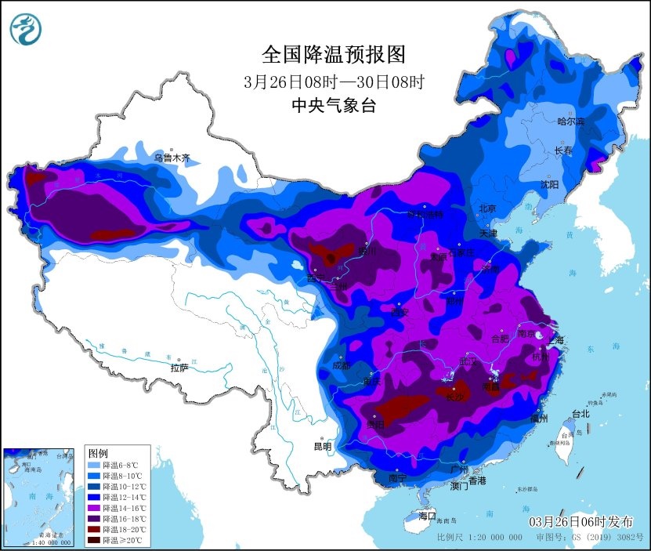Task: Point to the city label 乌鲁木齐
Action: (172, 158)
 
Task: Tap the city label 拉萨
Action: (179, 368)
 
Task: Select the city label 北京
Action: (488, 208)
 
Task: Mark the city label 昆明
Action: (322, 447)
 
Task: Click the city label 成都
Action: (342, 364)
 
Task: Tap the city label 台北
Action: (580, 413)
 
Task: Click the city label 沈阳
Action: (549, 185)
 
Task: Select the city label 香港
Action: (477, 480)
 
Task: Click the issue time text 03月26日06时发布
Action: (580, 522)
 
